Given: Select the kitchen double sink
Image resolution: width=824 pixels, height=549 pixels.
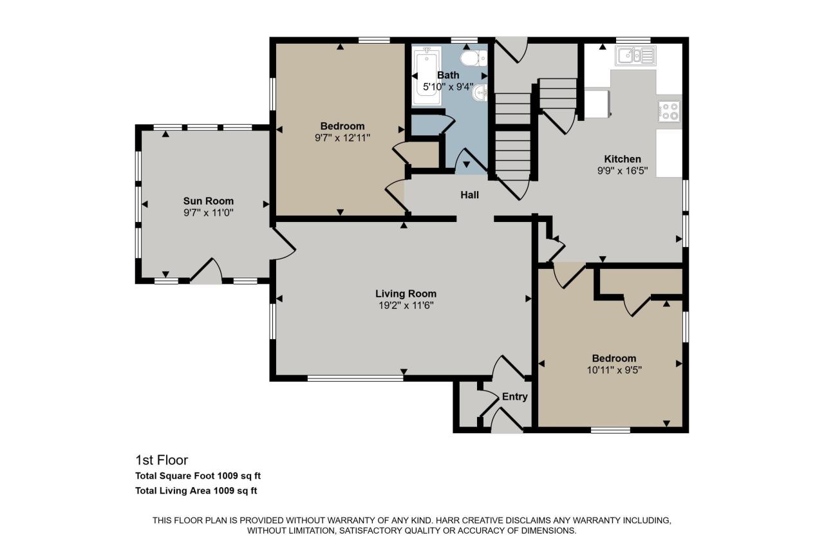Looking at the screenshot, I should (635, 56).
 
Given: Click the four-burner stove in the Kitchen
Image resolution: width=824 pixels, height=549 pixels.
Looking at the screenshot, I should (670, 111).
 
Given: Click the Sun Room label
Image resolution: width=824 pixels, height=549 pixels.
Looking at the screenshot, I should (208, 201).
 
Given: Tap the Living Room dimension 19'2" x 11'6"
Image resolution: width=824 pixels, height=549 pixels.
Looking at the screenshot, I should (406, 306).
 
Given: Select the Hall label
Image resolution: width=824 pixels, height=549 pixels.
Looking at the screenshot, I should (469, 195).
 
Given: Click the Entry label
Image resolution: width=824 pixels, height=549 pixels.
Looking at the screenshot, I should (514, 396).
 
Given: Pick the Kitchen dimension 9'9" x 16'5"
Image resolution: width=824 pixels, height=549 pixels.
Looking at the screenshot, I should (622, 171).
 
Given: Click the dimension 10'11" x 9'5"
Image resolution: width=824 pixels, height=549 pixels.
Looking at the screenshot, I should (613, 370).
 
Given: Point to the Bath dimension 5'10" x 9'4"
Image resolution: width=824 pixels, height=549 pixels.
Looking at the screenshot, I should (448, 86).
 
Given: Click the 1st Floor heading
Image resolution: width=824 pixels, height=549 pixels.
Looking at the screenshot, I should (162, 460).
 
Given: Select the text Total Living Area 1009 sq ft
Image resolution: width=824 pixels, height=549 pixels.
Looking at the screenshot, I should (196, 491).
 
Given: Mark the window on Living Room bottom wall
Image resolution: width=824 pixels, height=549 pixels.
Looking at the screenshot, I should (355, 378).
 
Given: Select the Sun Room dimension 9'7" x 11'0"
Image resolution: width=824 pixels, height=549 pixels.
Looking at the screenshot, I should (208, 212).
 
